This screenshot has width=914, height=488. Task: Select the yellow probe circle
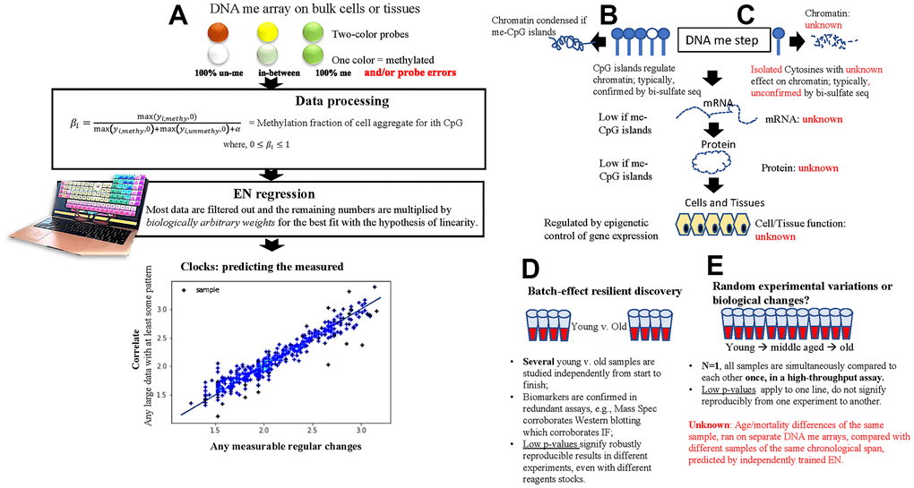pos(264,33)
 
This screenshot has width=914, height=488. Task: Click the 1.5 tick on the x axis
pos(215,428)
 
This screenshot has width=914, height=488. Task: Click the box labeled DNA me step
pos(721,39)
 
